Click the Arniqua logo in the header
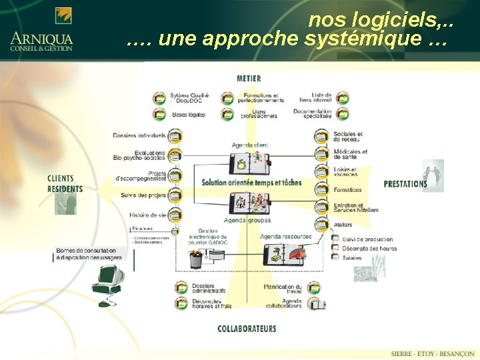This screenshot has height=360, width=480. click(41, 30)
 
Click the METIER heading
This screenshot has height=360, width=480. click(249, 79)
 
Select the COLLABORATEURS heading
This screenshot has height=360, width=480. click(247, 329)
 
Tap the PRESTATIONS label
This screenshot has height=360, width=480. click(405, 184)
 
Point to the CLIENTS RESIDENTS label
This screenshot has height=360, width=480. click(65, 183)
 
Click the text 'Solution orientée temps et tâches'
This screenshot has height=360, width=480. click(251, 183)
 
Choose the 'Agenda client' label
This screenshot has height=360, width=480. click(250, 145)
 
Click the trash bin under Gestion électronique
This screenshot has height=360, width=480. click(196, 259)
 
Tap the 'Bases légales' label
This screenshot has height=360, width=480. click(189, 115)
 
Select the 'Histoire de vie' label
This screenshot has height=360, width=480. click(147, 215)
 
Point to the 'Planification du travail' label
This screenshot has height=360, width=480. click(283, 289)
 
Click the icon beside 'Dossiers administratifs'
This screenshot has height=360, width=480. click(181, 287)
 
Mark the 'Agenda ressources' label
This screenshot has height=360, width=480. click(285, 236)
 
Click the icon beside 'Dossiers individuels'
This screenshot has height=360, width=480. click(175, 136)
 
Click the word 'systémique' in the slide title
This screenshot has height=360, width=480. click(344, 39)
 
